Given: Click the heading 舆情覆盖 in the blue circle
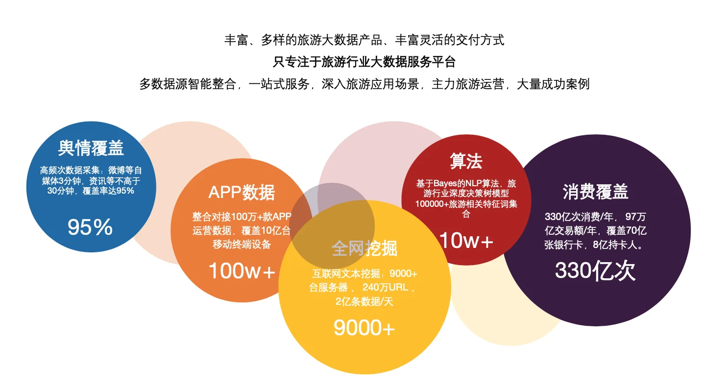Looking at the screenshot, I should (91, 147).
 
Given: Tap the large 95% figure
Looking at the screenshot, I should (90, 227).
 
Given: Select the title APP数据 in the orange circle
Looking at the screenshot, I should (242, 192).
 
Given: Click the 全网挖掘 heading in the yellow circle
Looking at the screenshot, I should (364, 248).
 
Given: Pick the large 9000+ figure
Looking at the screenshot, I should (364, 328).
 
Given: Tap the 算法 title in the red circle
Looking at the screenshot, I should (466, 161).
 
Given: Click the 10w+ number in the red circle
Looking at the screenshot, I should (466, 241).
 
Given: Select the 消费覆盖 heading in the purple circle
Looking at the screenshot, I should (595, 192).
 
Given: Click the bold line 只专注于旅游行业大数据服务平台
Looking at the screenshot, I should (364, 62).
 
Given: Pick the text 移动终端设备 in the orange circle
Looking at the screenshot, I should (242, 244).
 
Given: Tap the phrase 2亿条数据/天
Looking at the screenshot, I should (364, 301).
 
